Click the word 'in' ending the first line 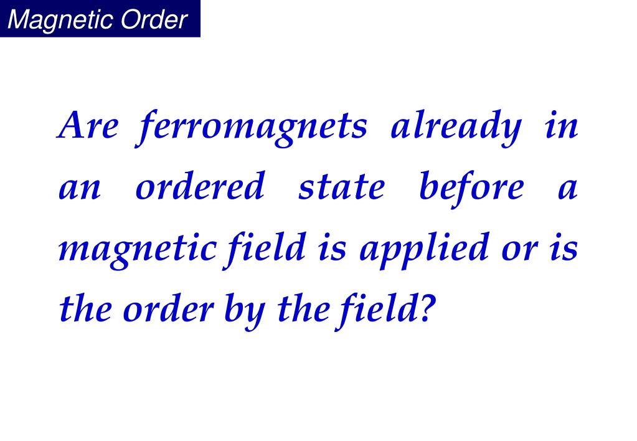(x=561, y=126)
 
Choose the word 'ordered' (x=199, y=187)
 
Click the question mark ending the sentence (x=423, y=308)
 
